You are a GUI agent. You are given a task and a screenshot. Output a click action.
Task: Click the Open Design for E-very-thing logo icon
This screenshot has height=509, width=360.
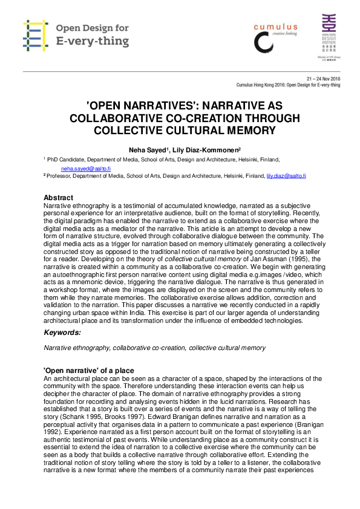coord(35,34)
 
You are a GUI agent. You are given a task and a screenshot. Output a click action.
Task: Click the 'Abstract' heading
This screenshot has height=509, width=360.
coord(59,198)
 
